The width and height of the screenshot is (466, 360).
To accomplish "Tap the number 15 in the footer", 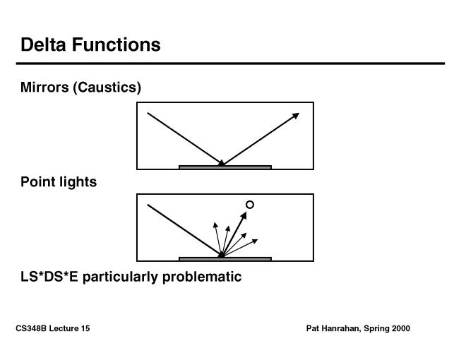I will pyautogui.click(x=85, y=329).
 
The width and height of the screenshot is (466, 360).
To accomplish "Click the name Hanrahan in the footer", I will pyautogui.click(x=340, y=329).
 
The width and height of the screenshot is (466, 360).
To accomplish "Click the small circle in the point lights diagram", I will pyautogui.click(x=249, y=205).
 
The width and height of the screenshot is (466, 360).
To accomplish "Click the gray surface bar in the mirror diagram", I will pyautogui.click(x=225, y=167).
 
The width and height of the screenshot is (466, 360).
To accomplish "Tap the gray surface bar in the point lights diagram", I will pyautogui.click(x=225, y=259).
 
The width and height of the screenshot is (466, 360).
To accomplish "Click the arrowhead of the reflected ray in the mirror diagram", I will pyautogui.click(x=296, y=115).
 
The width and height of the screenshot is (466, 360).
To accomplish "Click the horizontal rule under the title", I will pyautogui.click(x=232, y=64).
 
